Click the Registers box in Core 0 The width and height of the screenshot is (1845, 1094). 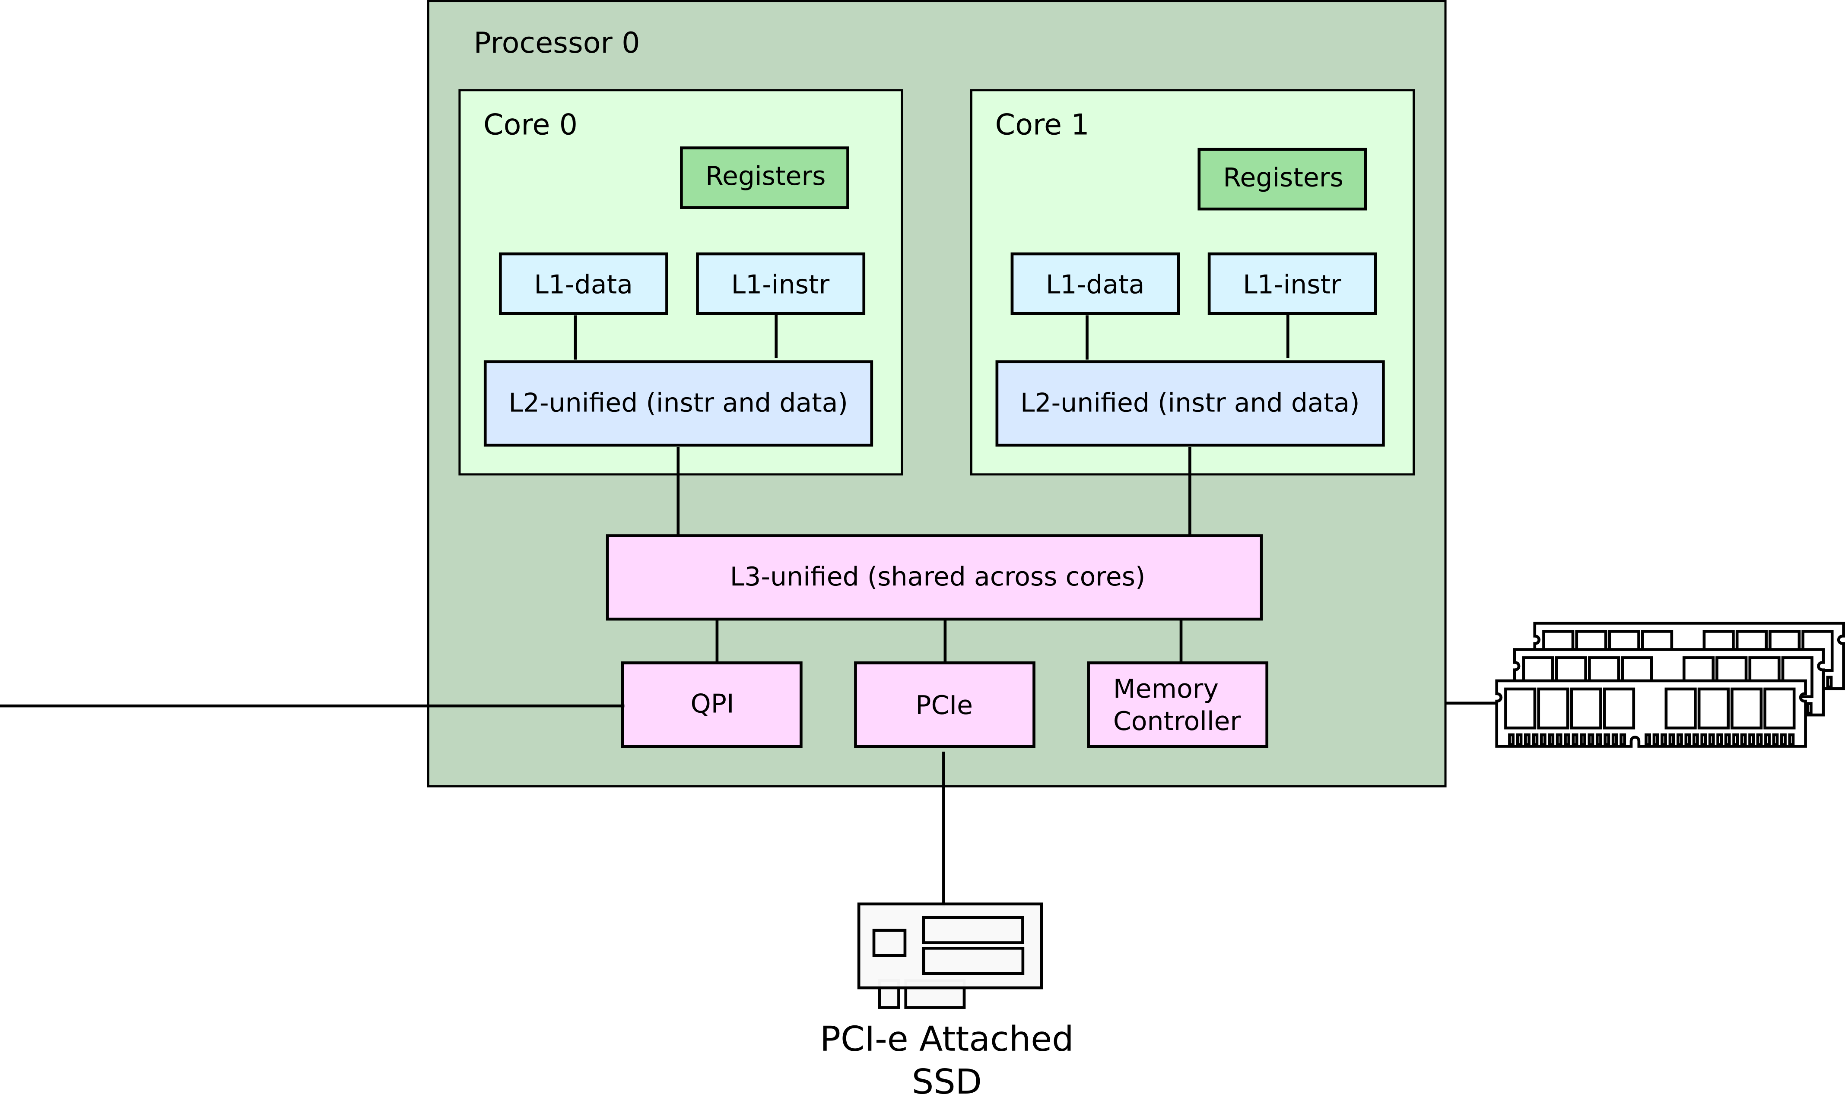coord(764,178)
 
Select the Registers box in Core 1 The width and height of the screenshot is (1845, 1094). coord(1282,179)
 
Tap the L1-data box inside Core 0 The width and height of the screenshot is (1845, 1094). coord(583,284)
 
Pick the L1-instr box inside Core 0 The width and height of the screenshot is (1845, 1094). coord(780,284)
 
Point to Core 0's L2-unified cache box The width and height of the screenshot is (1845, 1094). coord(678,403)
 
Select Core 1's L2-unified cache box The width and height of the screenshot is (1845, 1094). coord(1189,403)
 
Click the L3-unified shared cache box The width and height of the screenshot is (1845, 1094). coord(934,577)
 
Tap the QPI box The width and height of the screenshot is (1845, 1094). coord(711,704)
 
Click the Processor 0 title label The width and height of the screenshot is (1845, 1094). coord(556,43)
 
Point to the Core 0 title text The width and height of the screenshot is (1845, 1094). coord(530,125)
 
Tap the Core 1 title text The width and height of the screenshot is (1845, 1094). coord(1041,125)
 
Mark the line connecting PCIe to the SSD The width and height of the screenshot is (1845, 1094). coord(943,825)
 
